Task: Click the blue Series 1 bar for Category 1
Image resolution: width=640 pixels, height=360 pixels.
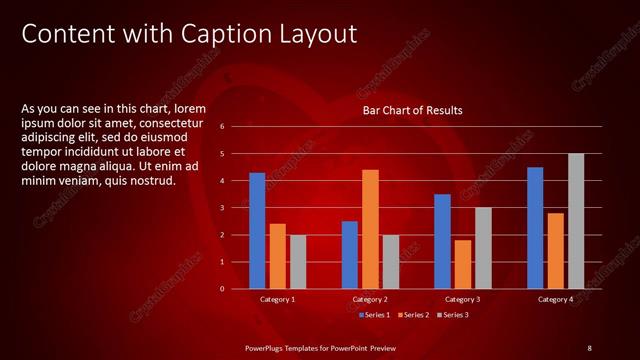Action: [x=257, y=230]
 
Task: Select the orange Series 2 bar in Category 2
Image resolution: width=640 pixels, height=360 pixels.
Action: [x=370, y=229]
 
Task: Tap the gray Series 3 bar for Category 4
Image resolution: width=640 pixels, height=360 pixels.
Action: [x=576, y=221]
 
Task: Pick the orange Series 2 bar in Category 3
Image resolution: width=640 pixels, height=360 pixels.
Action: [x=463, y=264]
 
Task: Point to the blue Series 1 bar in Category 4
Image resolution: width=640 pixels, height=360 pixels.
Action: [x=535, y=227]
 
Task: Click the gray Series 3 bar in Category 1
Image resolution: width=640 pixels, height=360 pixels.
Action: [x=298, y=261]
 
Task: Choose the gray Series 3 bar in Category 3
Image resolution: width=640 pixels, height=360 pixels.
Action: [x=483, y=248]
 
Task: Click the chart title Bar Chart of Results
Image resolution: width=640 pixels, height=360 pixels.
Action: [x=412, y=110]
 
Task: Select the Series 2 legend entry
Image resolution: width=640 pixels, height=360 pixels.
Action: [x=414, y=315]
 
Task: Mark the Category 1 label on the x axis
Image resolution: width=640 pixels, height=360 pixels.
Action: [x=277, y=299]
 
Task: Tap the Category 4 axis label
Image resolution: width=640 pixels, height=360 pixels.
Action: [x=555, y=299]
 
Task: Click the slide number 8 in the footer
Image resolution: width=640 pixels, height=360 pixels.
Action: [x=589, y=347]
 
